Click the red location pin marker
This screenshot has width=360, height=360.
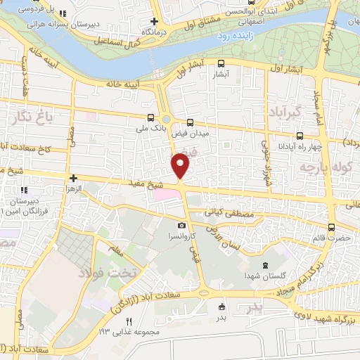181,165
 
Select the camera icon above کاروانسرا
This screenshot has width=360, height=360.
182,226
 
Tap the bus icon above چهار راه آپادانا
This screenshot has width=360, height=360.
300,136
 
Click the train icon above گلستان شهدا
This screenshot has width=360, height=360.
264,265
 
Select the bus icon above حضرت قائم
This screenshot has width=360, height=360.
332,227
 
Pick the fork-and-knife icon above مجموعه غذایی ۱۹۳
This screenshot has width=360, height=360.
129,321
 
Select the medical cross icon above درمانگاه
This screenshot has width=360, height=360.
154,21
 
